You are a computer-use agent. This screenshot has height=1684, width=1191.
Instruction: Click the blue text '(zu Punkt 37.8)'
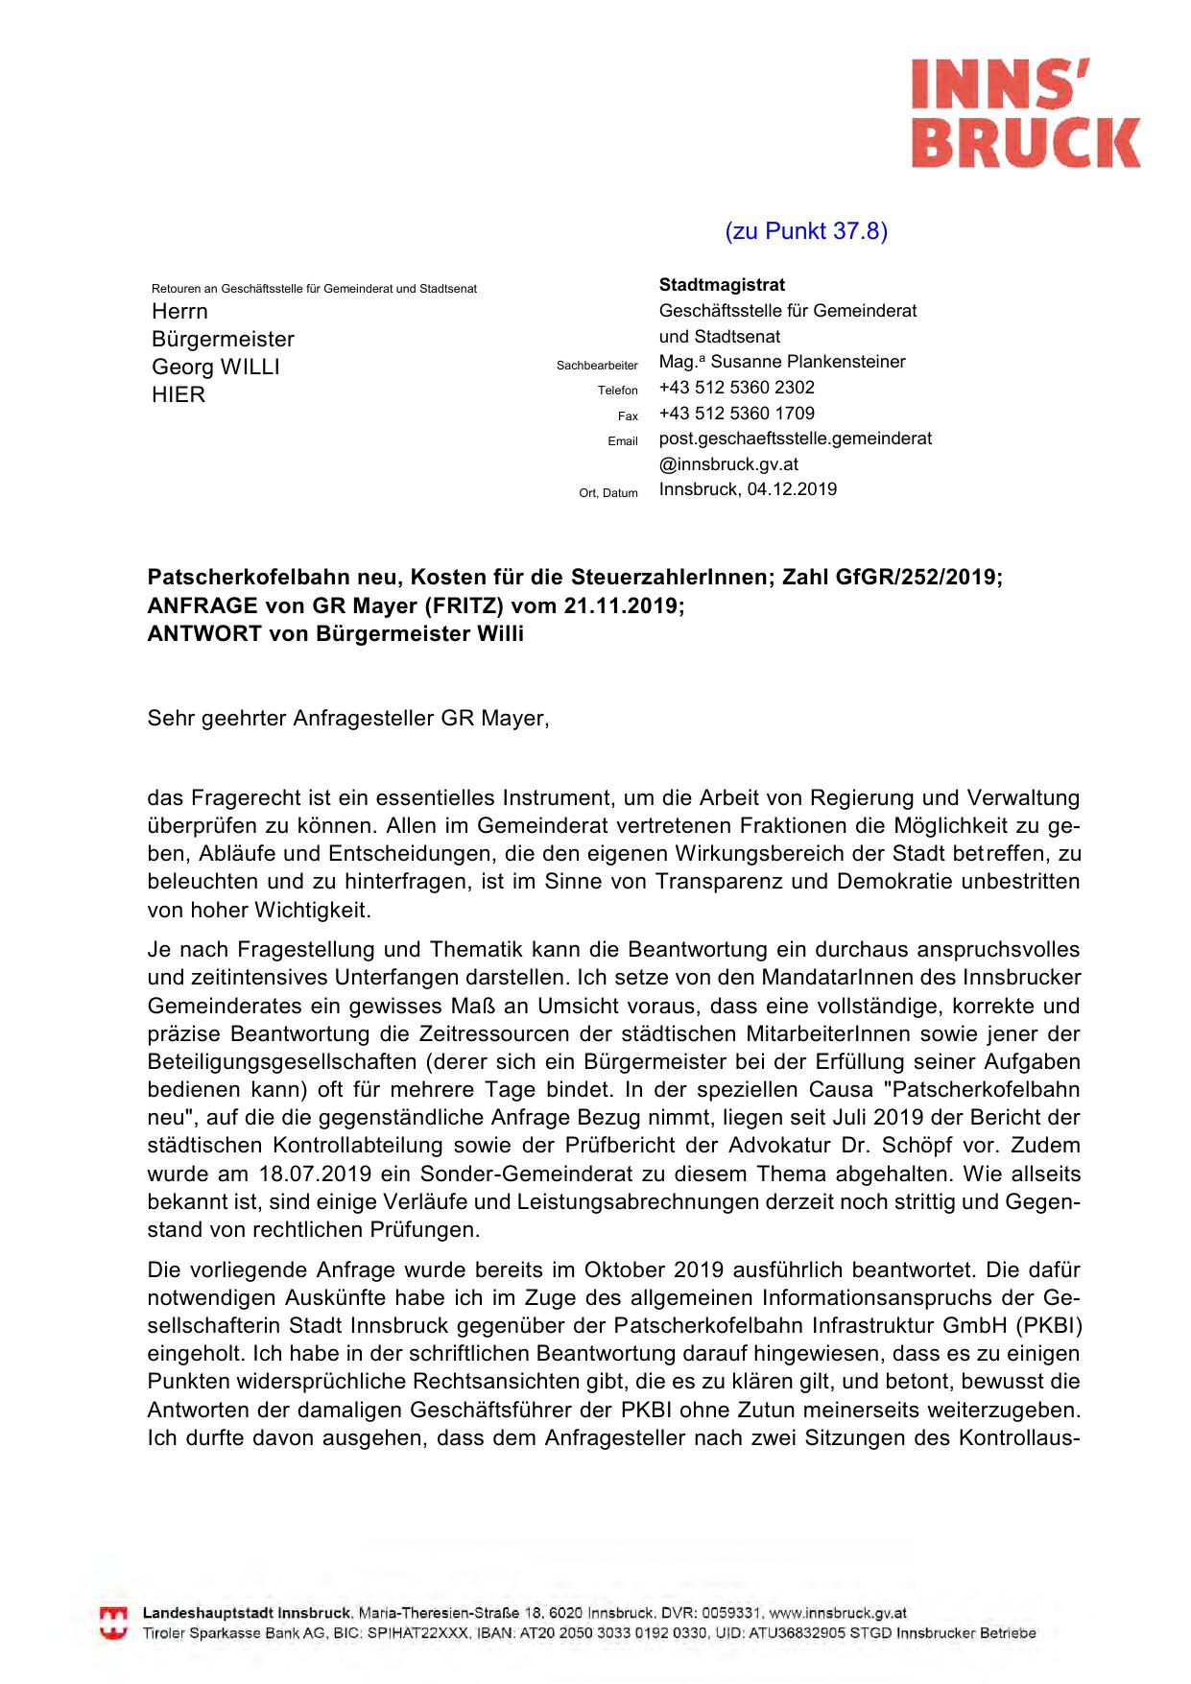[806, 231]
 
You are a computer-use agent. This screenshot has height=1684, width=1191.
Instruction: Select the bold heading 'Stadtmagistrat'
[722, 285]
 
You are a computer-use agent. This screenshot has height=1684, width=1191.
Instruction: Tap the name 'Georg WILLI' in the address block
[216, 368]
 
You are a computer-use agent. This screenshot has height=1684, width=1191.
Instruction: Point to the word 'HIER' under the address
[179, 395]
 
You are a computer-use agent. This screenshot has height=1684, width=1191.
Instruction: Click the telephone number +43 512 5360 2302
[736, 388]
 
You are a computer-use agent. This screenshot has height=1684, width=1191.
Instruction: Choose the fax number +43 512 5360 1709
[736, 414]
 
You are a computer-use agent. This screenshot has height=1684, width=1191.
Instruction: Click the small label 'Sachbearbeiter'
[597, 366]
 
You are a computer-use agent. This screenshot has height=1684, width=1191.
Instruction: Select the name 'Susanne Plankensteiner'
[808, 362]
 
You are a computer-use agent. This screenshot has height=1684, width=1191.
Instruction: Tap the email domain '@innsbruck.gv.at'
[728, 464]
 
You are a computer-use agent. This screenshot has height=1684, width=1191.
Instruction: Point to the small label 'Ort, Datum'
[608, 493]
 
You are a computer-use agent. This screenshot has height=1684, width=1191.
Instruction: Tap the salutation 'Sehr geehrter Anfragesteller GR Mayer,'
[348, 719]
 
